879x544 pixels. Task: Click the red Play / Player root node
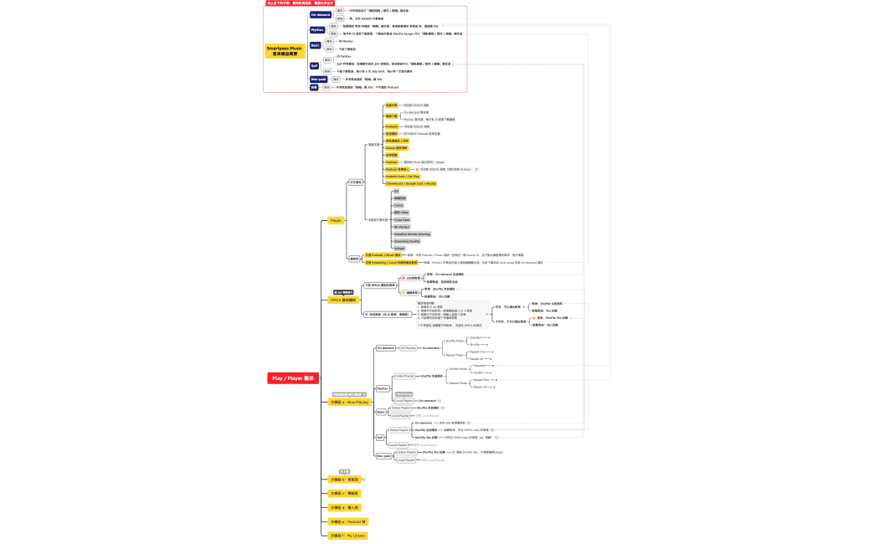click(x=292, y=378)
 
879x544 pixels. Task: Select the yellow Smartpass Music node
click(x=285, y=51)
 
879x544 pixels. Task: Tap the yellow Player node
click(x=335, y=220)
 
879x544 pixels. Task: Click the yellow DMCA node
click(x=343, y=300)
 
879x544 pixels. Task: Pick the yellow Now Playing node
click(x=349, y=403)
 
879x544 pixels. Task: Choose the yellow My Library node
click(x=347, y=536)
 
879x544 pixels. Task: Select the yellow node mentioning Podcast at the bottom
click(x=348, y=521)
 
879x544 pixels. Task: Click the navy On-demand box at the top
click(x=321, y=15)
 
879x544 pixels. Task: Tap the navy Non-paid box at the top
click(x=318, y=79)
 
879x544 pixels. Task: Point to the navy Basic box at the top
click(x=316, y=45)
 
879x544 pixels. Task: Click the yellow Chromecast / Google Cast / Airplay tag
click(x=410, y=183)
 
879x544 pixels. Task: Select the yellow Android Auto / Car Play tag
click(x=402, y=177)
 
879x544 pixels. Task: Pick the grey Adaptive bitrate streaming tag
click(x=412, y=234)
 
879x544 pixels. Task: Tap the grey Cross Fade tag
click(x=402, y=220)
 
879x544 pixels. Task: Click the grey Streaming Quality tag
click(x=407, y=241)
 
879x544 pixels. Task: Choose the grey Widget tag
click(x=399, y=249)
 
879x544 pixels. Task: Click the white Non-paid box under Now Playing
click(x=383, y=456)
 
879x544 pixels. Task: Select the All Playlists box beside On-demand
click(x=408, y=347)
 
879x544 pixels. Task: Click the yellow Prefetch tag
click(x=392, y=126)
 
